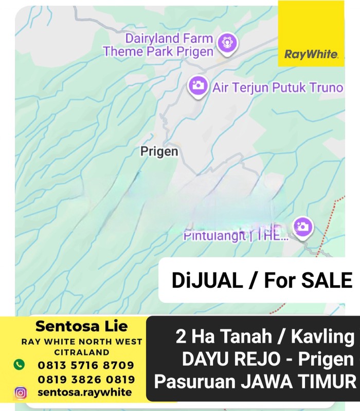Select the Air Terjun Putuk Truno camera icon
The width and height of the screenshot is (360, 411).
197,85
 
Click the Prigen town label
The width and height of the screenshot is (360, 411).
159,151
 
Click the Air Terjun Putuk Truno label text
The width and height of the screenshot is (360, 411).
278,87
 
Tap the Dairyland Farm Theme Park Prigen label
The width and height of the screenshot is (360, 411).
158,45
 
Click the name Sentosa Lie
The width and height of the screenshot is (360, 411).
81,326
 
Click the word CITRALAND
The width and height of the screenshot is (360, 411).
81,352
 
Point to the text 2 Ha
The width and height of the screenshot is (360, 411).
194,338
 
